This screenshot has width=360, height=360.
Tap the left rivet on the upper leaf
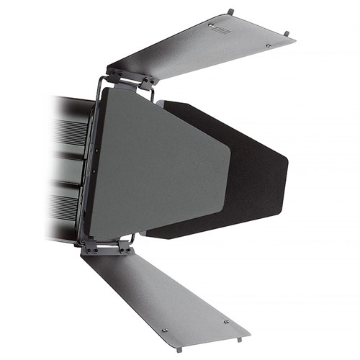[212, 25]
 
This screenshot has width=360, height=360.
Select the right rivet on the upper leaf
[269, 45]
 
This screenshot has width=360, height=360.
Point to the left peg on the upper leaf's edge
[230, 11]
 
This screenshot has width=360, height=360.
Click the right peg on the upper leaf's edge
[287, 33]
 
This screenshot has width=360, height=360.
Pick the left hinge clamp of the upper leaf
[116, 75]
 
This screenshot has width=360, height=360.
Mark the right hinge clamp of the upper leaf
[147, 81]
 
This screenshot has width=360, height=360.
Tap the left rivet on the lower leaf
[165, 330]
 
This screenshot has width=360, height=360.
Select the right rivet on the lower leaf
[225, 322]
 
